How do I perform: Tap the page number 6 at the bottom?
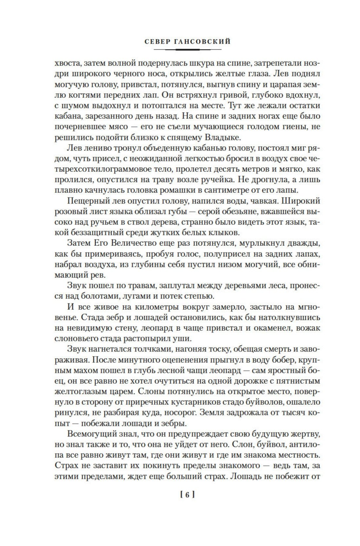pyautogui.click(x=188, y=495)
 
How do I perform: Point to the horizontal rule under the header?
pyautogui.click(x=188, y=49)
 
